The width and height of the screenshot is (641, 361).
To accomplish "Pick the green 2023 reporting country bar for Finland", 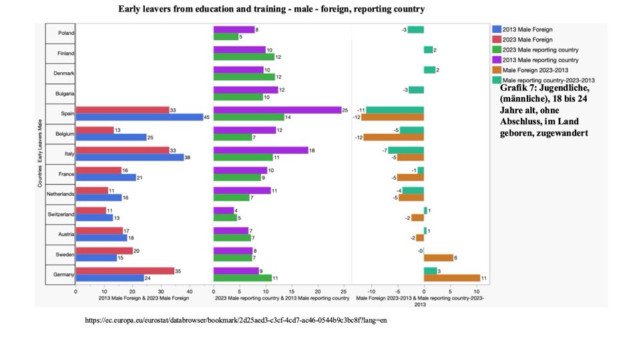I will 244,57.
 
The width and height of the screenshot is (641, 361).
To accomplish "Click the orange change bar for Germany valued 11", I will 451,278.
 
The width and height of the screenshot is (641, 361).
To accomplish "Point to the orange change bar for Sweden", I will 438,257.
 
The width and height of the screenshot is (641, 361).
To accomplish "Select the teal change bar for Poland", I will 415,29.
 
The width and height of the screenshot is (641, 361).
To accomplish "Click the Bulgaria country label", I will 63,93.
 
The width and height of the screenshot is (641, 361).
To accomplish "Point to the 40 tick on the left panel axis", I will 190,291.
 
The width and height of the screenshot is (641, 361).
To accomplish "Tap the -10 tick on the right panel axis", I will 371,291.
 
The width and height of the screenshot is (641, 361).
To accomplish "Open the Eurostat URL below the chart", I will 236,320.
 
